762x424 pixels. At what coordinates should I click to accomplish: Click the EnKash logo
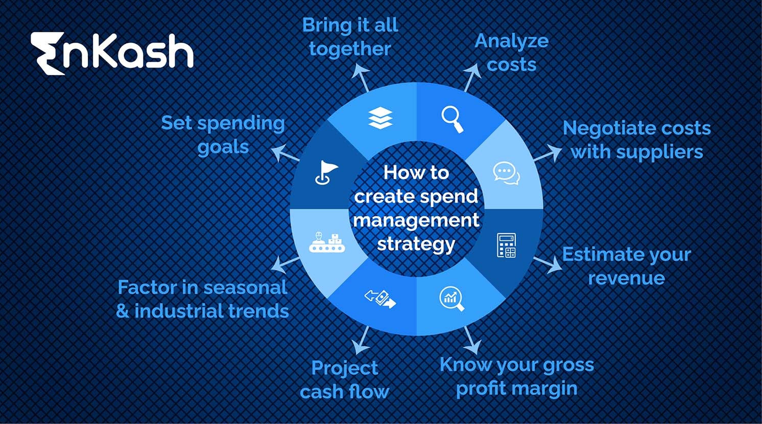click(x=112, y=53)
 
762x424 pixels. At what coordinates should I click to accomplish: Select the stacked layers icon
click(x=380, y=119)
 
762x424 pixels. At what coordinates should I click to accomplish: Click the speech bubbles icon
click(x=506, y=173)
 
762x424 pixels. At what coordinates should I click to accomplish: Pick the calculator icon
click(x=506, y=246)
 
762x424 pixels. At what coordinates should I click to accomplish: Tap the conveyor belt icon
click(x=327, y=242)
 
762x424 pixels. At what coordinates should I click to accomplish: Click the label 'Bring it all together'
click(x=350, y=37)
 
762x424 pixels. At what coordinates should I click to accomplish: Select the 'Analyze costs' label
click(x=511, y=53)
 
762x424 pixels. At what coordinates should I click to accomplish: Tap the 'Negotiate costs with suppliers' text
click(x=636, y=140)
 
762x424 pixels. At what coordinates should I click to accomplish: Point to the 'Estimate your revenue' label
click(x=626, y=266)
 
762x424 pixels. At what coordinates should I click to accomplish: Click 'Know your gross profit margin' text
click(x=516, y=376)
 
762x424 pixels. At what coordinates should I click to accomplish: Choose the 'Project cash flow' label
click(x=344, y=380)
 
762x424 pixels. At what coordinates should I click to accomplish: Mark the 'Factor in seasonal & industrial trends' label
click(x=202, y=299)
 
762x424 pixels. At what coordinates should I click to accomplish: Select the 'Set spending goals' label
click(x=223, y=135)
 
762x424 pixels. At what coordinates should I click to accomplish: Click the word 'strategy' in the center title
click(x=416, y=244)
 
